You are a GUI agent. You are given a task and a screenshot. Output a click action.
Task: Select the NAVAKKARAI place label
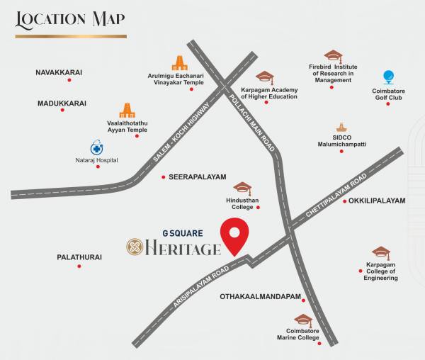point(59,72)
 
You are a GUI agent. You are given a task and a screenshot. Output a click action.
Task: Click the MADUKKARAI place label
point(62,103)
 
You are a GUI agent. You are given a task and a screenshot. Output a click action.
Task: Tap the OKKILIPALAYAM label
point(377,201)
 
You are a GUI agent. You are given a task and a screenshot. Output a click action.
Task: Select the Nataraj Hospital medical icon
point(96,148)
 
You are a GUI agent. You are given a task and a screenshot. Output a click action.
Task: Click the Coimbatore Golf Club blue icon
point(387,77)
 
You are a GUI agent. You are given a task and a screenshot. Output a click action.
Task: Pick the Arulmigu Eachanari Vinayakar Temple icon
point(178,63)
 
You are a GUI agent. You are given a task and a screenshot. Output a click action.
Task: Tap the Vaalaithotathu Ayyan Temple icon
point(127,110)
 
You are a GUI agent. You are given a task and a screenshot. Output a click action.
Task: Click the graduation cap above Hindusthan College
point(243,188)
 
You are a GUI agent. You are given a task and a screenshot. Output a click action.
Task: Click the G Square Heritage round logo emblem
point(135,247)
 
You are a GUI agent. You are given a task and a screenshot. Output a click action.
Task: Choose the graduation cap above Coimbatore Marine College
point(303,320)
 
